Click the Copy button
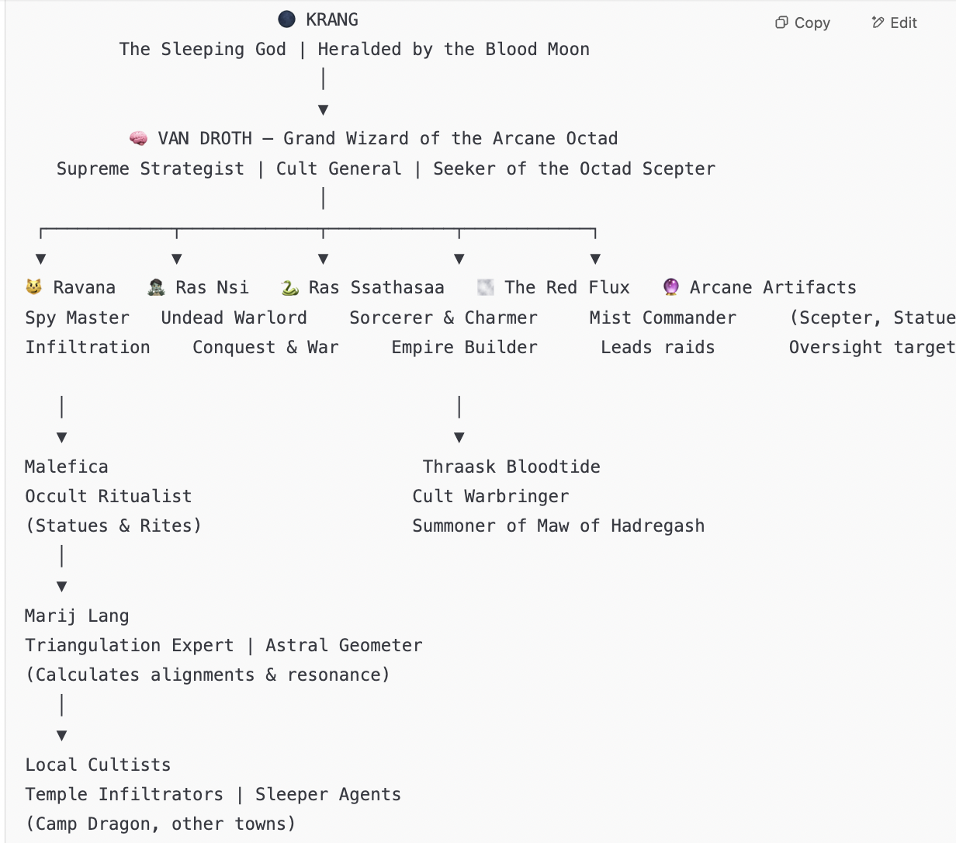coord(802,23)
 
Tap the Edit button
coord(894,23)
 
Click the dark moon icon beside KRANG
coord(286,19)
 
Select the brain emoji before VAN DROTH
coord(138,138)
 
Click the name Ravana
coord(84,287)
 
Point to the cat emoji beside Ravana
coord(33,287)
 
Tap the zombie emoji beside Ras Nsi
coord(156,287)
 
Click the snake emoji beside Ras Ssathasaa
coord(289,287)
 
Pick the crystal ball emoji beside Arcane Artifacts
coord(670,287)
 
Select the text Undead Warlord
coord(234,317)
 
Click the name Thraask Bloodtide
coord(511,467)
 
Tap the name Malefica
coord(67,467)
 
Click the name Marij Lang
coord(77,616)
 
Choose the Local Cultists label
coord(98,765)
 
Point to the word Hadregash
coord(658,526)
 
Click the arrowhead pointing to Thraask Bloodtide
coord(459,438)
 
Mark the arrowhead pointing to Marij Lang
coord(61,587)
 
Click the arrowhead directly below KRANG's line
coord(324,110)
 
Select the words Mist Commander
coord(663,317)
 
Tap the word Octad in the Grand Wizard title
coord(592,139)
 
